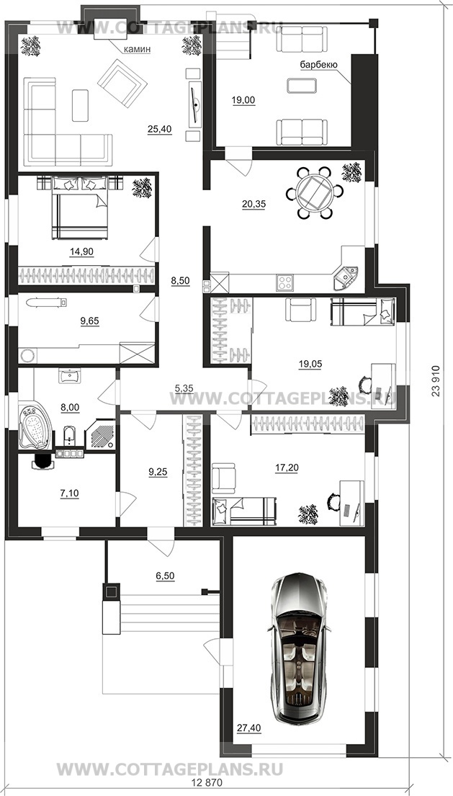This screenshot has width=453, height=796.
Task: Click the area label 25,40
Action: point(159,130)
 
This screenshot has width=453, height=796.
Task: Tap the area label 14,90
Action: point(81,251)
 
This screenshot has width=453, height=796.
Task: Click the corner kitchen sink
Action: point(346,276)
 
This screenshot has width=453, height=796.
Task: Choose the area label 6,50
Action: point(165,576)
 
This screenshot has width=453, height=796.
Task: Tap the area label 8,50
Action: point(180,282)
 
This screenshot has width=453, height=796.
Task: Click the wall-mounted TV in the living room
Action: point(195,104)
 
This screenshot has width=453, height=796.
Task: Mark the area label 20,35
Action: point(253,204)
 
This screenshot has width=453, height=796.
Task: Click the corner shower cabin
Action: point(100,434)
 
